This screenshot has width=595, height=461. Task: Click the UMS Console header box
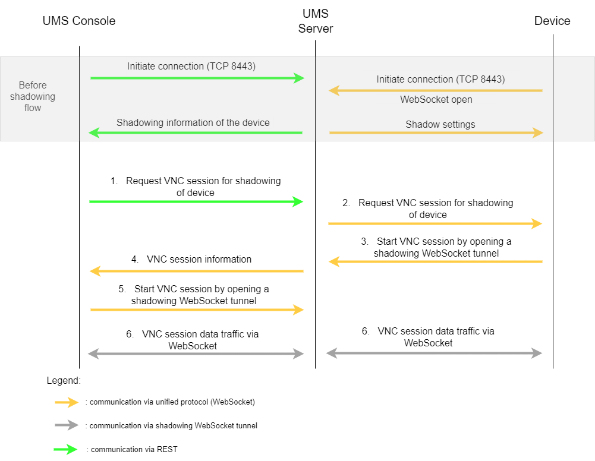[79, 21]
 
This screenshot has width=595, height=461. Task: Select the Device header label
[552, 21]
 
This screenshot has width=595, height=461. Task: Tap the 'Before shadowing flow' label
[33, 96]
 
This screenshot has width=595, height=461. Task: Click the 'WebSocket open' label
[436, 99]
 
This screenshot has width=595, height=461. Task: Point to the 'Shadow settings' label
[440, 124]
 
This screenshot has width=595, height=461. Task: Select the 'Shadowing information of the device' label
[193, 122]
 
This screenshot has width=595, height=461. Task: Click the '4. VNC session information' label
[191, 259]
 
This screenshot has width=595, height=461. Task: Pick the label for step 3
[436, 247]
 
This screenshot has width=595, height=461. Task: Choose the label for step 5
[194, 295]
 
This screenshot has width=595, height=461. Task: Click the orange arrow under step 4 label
[196, 271]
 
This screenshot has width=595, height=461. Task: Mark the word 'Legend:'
[63, 380]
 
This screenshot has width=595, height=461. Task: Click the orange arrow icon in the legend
[67, 402]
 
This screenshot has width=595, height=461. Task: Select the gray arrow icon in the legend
[67, 425]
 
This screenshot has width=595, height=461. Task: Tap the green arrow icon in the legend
[67, 449]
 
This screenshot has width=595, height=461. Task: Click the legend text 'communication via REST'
[131, 449]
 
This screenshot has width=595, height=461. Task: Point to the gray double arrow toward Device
[434, 353]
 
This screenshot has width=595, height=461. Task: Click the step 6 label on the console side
[193, 340]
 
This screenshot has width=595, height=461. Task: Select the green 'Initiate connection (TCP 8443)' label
[191, 66]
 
